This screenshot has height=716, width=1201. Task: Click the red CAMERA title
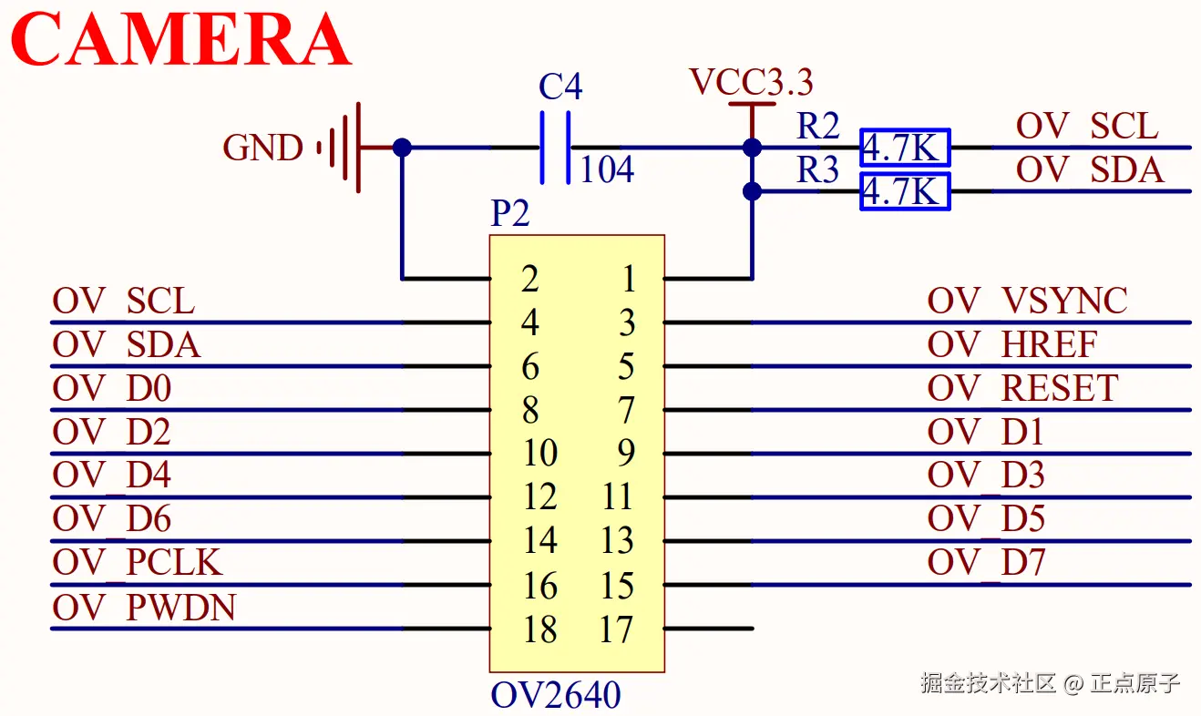181,40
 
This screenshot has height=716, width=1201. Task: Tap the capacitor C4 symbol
556,148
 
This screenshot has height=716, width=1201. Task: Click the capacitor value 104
607,169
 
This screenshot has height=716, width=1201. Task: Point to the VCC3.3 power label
751,83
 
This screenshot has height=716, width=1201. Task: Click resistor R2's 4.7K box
905,148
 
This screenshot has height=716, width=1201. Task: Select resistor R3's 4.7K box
905,191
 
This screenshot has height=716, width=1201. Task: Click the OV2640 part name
556,696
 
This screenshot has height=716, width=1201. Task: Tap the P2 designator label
510,214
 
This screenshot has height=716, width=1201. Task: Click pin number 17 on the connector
617,629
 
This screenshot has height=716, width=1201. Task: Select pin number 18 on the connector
539,629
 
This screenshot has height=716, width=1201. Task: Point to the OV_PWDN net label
144,608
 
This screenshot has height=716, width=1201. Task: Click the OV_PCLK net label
138,563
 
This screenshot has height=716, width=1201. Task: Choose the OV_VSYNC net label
1028,301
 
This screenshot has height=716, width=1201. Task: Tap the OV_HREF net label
1012,344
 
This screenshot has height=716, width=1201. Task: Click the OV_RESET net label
1022,389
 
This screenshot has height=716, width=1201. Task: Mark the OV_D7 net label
986,563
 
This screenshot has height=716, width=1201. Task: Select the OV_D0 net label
112,389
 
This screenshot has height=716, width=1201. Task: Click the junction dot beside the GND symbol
401,148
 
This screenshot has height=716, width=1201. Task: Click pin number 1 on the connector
628,280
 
